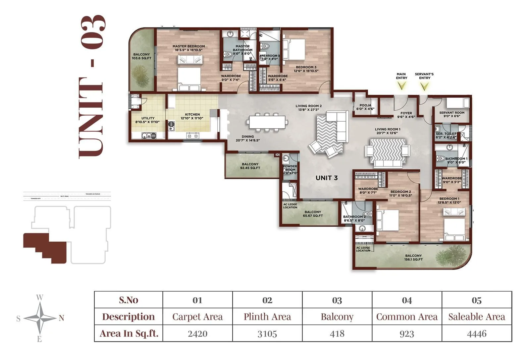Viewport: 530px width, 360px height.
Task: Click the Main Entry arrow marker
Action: (x=401, y=86)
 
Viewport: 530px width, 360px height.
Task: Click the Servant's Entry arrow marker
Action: (x=424, y=87)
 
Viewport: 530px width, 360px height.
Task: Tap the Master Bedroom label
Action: (x=188, y=48)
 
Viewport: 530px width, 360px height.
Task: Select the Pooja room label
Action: (x=365, y=107)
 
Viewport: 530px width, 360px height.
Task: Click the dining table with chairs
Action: (x=267, y=122)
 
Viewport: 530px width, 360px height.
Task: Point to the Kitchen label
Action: (x=192, y=116)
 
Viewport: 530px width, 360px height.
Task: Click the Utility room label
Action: (x=148, y=120)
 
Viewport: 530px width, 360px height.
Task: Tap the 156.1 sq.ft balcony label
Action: (x=413, y=258)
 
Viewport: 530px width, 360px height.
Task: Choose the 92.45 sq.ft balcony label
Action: (x=250, y=166)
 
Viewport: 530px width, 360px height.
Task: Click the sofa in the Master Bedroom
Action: (x=190, y=60)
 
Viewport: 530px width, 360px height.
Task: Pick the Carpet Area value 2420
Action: (x=197, y=333)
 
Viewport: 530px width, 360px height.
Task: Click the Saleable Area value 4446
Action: (x=476, y=333)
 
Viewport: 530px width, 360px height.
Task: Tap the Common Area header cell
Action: (x=407, y=317)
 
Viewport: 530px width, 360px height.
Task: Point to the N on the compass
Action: (x=61, y=318)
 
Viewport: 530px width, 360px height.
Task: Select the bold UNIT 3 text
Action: (x=326, y=178)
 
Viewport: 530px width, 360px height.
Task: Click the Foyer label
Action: (x=406, y=115)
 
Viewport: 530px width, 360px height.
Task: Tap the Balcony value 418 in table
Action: (x=337, y=333)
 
